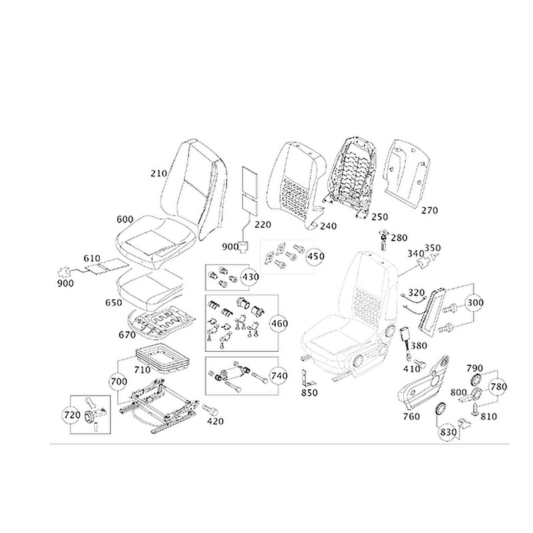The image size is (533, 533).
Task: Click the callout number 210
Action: click(x=158, y=174)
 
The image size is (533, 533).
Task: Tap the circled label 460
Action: click(x=278, y=324)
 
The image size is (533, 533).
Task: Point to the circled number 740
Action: click(x=279, y=376)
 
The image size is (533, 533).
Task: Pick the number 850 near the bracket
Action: click(x=309, y=392)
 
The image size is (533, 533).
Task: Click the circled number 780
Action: click(x=498, y=386)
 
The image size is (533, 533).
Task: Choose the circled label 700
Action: click(x=118, y=382)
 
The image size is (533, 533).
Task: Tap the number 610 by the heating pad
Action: click(x=91, y=257)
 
